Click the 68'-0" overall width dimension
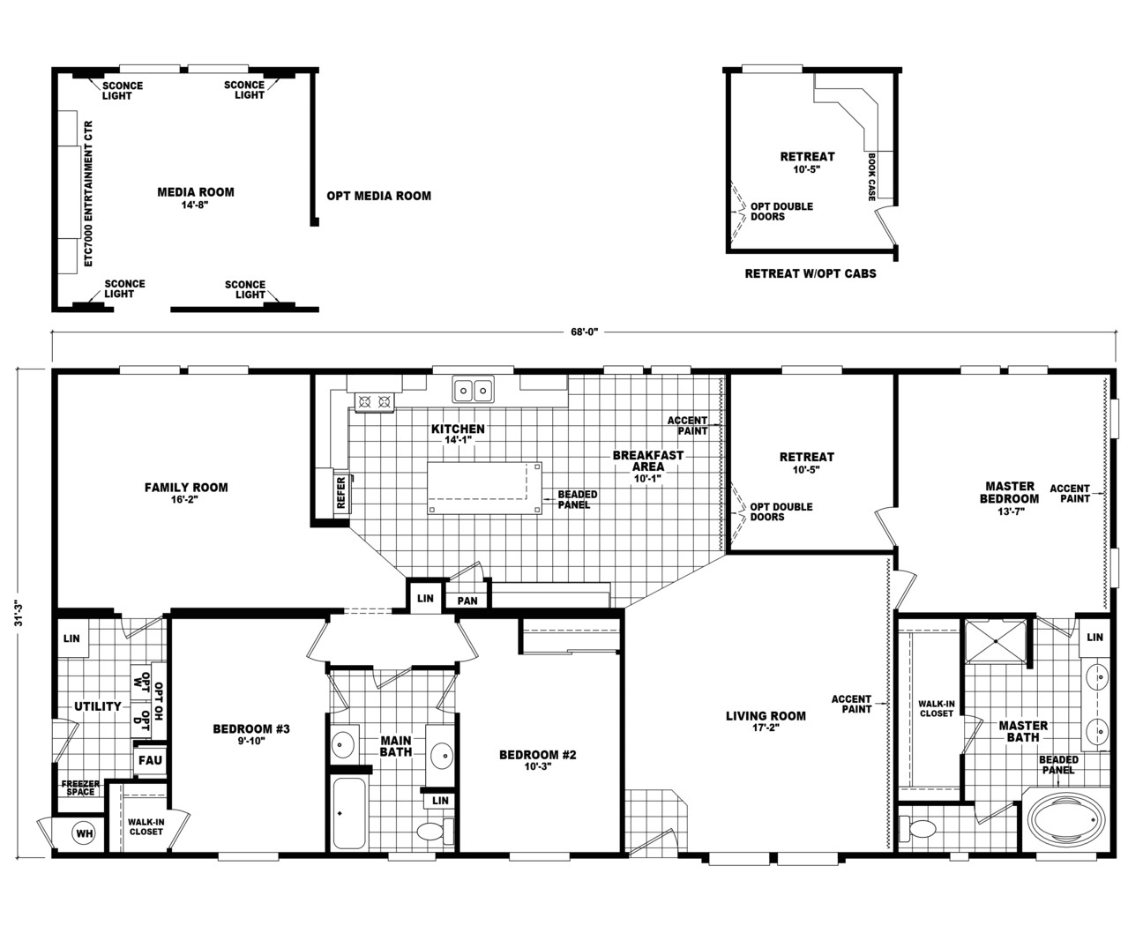point(584,332)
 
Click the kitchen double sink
point(474,389)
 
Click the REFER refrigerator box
point(340,493)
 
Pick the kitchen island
point(484,487)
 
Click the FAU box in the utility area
point(149,759)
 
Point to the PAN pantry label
point(467,601)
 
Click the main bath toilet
point(432,832)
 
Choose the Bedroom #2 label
point(537,760)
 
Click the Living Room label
point(766,721)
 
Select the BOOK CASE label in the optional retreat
point(871,176)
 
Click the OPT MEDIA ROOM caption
point(378,196)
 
